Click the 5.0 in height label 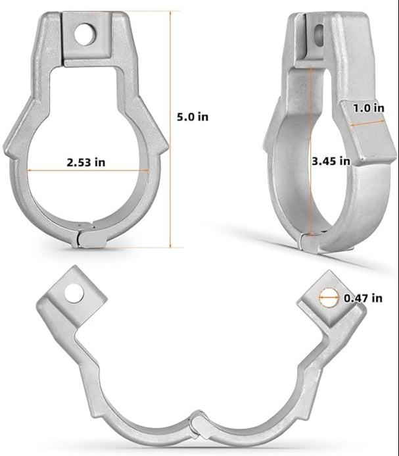pyautogui.click(x=193, y=116)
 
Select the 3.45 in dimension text pyautogui.click(x=330, y=160)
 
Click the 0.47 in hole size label pyautogui.click(x=363, y=297)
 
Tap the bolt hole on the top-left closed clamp pyautogui.click(x=84, y=34)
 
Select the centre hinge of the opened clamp pyautogui.click(x=197, y=425)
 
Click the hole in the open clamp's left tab pyautogui.click(x=74, y=293)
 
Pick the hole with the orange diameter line pyautogui.click(x=329, y=297)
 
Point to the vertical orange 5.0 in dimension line pyautogui.click(x=172, y=132)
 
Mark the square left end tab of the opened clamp pyautogui.click(x=75, y=295)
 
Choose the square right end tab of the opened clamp pyautogui.click(x=327, y=300)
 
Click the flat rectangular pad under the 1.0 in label pyautogui.click(x=365, y=135)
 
